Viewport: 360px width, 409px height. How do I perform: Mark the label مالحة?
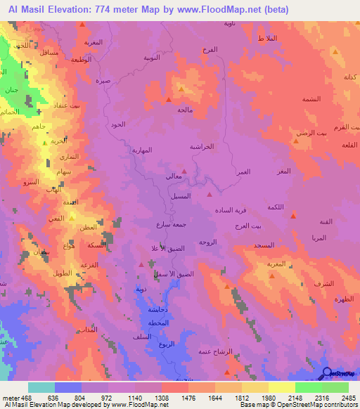coord(185,110)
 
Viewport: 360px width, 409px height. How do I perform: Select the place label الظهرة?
coord(344,300)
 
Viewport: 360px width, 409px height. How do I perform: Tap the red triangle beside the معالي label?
coord(184,170)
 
